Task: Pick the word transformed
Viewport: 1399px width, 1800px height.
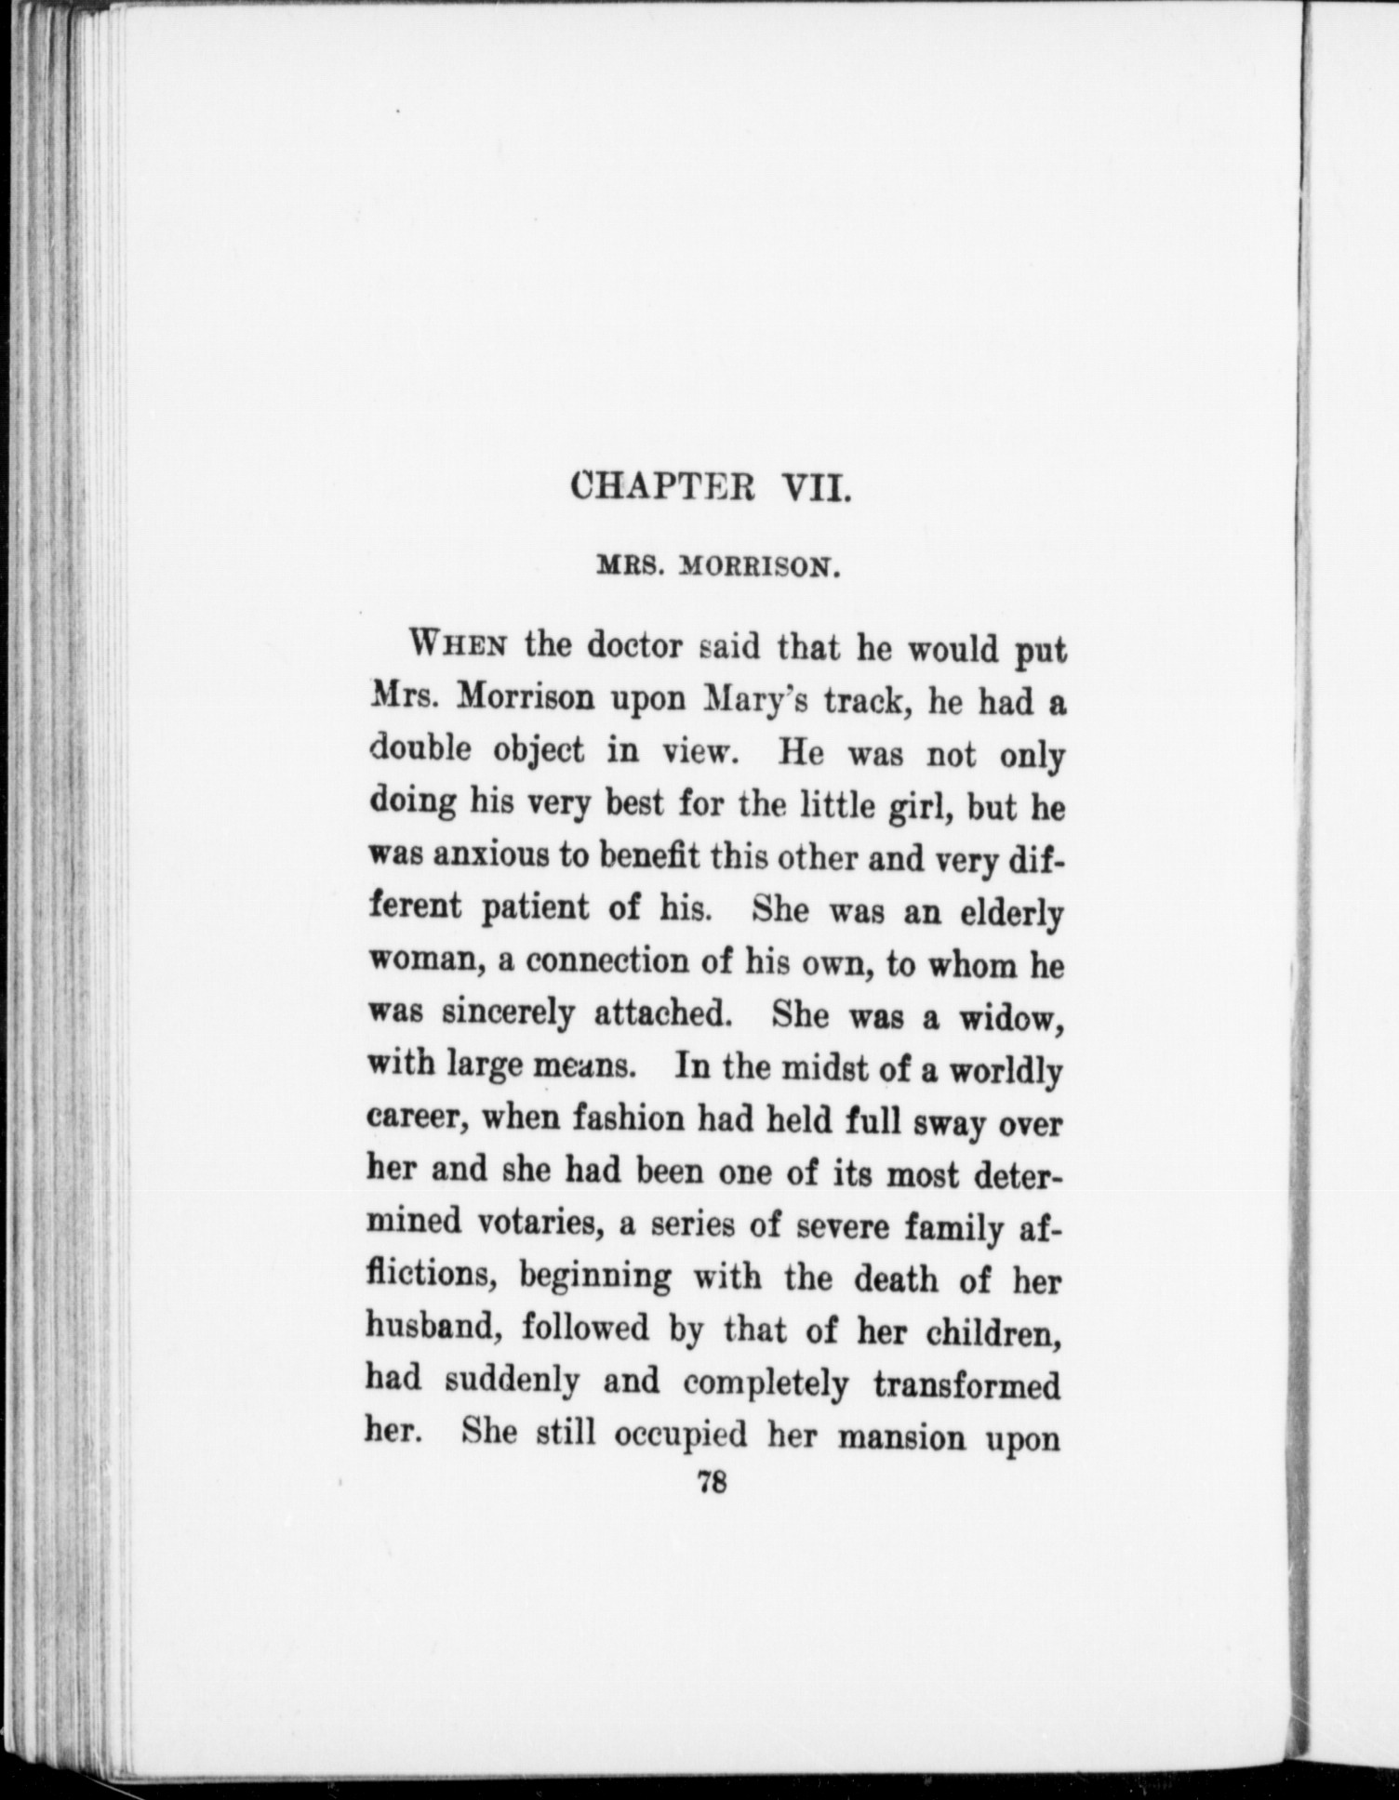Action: [x=967, y=1384]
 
